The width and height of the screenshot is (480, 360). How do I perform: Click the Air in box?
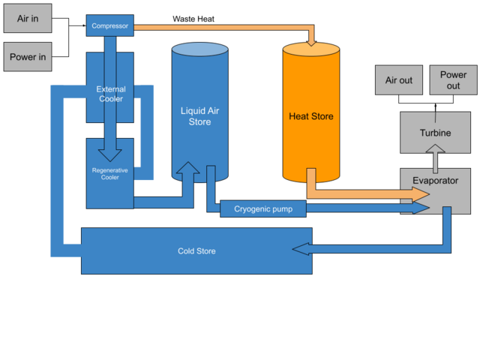point(28,19)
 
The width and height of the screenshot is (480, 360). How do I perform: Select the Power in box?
point(28,57)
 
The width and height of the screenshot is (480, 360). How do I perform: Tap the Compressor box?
point(109,26)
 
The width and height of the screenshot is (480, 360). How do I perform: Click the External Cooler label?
point(110,94)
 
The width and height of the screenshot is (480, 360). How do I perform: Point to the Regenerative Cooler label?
point(109,174)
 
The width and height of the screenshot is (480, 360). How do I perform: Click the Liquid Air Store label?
point(199,116)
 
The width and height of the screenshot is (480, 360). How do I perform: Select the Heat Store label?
point(310,116)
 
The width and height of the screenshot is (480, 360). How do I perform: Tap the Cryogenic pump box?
point(262,208)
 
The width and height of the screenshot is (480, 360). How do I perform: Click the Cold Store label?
point(196,251)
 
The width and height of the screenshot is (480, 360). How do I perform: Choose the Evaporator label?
point(435,181)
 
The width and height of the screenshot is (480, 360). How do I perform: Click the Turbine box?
point(435,133)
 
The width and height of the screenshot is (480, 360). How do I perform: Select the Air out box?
point(399,80)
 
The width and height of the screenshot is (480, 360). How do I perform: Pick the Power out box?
point(453,80)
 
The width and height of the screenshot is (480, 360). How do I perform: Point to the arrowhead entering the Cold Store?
point(301,249)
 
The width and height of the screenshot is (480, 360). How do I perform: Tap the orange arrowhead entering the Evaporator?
point(420,195)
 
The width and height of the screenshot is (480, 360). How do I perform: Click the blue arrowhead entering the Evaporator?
point(420,208)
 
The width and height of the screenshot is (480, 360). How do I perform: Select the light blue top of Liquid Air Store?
point(199,49)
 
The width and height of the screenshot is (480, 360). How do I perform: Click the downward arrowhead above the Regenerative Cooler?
point(109,154)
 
